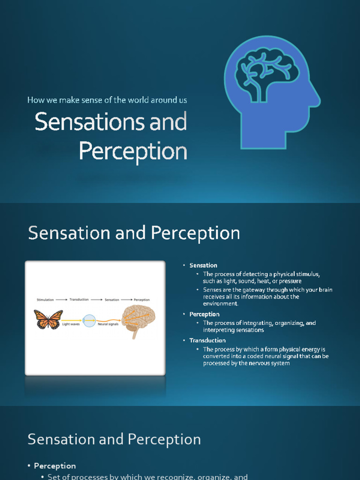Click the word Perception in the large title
133,151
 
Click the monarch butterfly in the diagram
48,319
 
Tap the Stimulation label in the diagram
45,300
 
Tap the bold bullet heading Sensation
203,265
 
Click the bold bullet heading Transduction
207,340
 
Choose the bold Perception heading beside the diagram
204,314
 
